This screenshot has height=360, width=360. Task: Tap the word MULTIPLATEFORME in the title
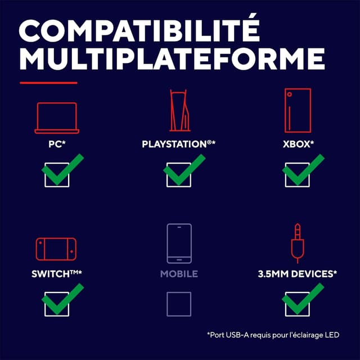coord(172,58)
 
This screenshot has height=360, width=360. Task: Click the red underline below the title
coord(48,83)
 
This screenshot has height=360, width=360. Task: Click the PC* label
coord(57,144)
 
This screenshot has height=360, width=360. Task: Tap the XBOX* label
coord(298,144)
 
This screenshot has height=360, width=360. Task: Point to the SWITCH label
coord(56,274)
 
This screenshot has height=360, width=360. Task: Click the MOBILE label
coord(179,274)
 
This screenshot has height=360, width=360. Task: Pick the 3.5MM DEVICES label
coord(298,274)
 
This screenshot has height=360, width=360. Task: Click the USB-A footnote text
coord(273,335)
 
